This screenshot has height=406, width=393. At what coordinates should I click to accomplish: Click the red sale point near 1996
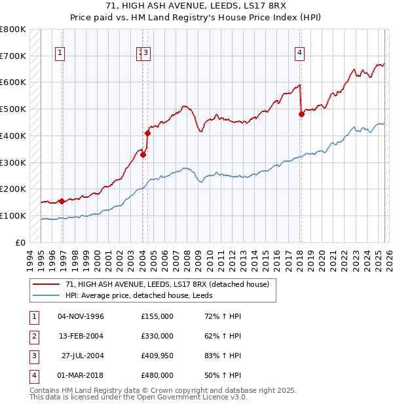pos(62,201)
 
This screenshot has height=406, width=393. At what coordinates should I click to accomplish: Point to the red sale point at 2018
pos(301,114)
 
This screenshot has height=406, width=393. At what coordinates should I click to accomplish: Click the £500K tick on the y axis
pos(13,109)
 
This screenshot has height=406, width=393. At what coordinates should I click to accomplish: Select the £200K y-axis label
pos(13,189)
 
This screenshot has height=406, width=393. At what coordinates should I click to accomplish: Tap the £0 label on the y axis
pos(20,242)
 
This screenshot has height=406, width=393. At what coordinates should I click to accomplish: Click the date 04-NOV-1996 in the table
pos(81,316)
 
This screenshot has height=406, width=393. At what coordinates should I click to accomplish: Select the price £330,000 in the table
pos(157,336)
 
